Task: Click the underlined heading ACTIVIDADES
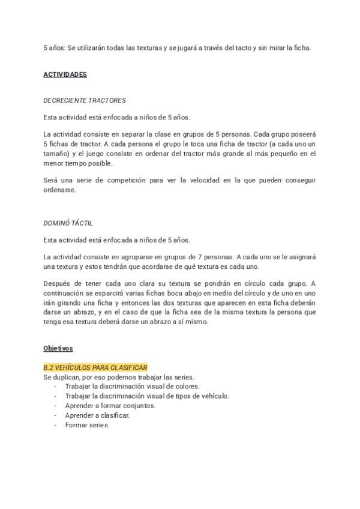tap(65, 74)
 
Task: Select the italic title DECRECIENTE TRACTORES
tap(85, 100)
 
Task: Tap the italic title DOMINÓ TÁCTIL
tap(68, 223)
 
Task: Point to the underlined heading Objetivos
tap(58, 348)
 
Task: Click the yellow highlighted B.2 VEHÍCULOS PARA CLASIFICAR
tap(95, 367)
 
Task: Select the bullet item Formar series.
tap(88, 425)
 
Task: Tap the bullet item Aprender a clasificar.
tap(97, 415)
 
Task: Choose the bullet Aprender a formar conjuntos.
tap(110, 406)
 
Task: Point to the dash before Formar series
tap(56, 425)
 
